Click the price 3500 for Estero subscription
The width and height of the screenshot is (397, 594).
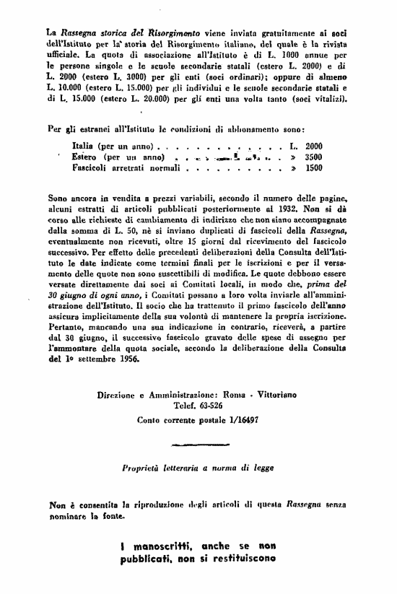click(314, 157)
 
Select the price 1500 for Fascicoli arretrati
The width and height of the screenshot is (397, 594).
click(314, 167)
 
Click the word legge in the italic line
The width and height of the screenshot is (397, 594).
click(262, 467)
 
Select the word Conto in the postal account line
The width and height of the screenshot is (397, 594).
click(150, 419)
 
